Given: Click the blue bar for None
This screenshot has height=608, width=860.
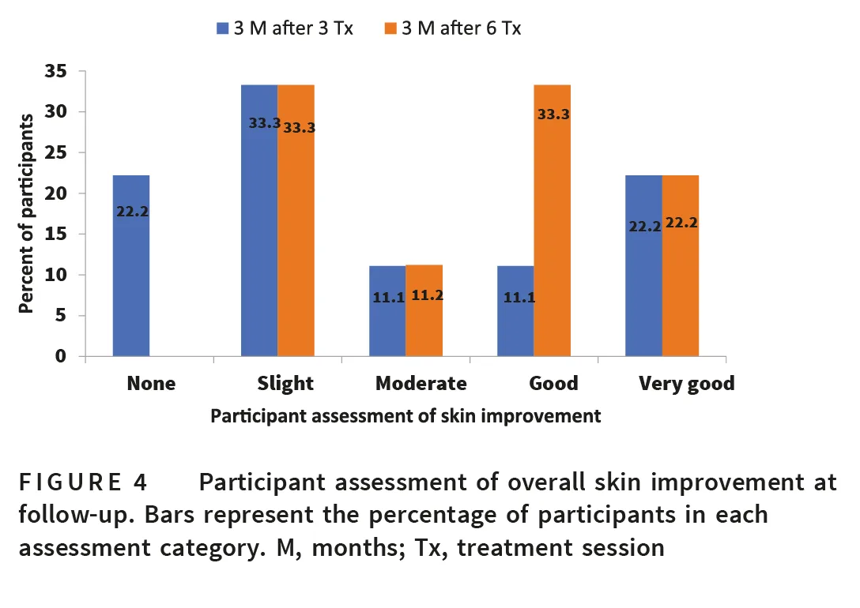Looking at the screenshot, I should [x=131, y=266].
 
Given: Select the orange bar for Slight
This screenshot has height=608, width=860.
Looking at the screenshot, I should [x=296, y=221].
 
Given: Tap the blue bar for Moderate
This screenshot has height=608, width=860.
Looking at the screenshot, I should [x=387, y=311].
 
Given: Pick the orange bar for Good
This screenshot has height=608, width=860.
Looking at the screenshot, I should [x=552, y=221].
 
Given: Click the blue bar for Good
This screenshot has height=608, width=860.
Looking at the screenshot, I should [x=515, y=311].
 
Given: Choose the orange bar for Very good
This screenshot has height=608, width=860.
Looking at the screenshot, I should [x=680, y=266].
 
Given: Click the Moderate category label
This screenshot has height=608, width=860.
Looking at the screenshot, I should [x=421, y=384].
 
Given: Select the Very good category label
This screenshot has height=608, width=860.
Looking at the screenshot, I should [x=687, y=384].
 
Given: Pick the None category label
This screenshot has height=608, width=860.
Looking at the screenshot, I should [x=151, y=384].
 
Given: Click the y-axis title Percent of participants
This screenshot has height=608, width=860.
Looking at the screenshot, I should [x=28, y=213].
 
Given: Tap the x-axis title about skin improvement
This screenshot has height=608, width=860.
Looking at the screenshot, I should [x=405, y=416].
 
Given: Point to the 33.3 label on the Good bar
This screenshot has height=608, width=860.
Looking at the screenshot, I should [x=553, y=114].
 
